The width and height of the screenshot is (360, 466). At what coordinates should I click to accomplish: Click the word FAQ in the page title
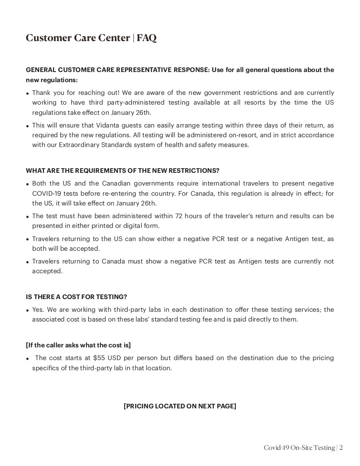[x=147, y=38]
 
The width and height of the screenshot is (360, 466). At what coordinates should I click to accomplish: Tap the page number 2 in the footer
[x=341, y=448]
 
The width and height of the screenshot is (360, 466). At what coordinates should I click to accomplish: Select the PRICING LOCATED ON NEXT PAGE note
[x=180, y=406]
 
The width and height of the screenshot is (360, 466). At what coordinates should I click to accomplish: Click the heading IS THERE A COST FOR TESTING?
[x=76, y=297]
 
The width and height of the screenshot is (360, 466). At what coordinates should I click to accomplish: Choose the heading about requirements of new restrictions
[x=122, y=171]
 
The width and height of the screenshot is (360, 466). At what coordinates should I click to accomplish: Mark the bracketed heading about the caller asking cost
[x=78, y=345]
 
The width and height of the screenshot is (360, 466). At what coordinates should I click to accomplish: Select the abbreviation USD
[x=114, y=358]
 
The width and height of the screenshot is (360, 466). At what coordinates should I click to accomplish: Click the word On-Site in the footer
[x=301, y=448]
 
